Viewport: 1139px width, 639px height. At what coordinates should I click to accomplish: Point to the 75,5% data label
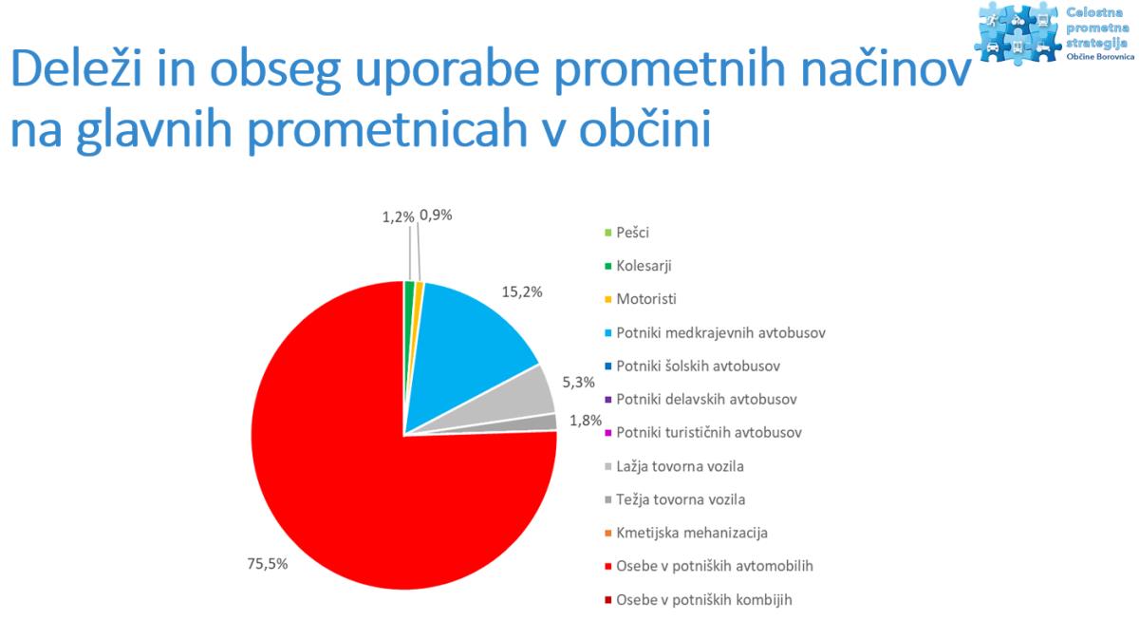coord(268,564)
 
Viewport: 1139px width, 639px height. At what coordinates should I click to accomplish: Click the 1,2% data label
coord(398,217)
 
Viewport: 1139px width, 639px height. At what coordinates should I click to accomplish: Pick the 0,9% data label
coord(436,216)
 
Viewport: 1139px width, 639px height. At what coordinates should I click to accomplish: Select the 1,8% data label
coord(586,421)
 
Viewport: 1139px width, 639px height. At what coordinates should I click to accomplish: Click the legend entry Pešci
coord(627,233)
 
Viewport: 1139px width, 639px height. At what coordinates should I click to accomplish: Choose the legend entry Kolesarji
coord(638,266)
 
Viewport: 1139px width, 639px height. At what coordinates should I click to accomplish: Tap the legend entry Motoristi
coord(641,299)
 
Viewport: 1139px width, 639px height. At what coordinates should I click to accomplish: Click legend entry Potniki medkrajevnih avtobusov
coord(715,332)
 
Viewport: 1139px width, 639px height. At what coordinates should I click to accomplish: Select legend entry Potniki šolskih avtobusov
coord(692,366)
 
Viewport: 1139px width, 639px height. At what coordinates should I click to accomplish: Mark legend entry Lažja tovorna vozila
coord(674,466)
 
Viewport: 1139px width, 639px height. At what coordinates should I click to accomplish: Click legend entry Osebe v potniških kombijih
coord(699,600)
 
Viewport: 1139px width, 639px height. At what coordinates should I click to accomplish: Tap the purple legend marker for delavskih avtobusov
coord(608,400)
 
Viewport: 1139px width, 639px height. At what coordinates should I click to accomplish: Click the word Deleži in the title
coord(76,68)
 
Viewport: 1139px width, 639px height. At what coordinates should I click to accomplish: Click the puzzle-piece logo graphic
coord(1018,33)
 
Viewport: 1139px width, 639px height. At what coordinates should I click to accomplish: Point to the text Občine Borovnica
coord(1100,56)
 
